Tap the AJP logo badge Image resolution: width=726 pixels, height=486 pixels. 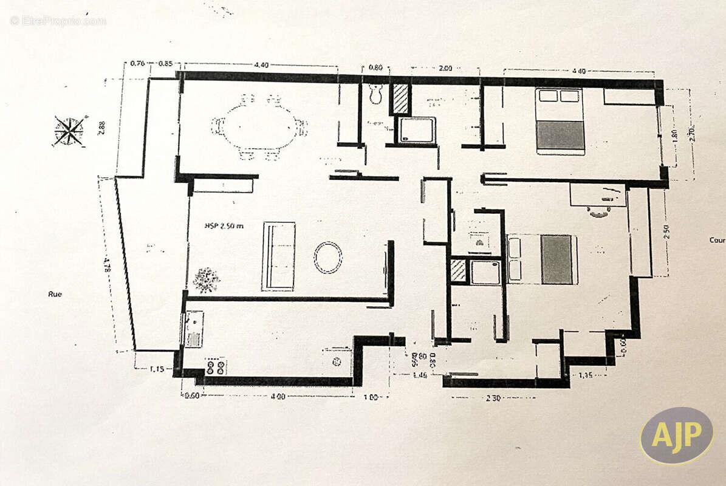pyautogui.click(x=676, y=435)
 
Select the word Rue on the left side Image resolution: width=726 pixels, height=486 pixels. pyautogui.click(x=55, y=294)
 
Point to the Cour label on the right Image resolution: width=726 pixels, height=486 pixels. pyautogui.click(x=717, y=240)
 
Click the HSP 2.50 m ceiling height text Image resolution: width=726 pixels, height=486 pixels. pyautogui.click(x=224, y=226)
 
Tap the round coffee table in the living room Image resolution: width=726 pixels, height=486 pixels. pyautogui.click(x=327, y=257)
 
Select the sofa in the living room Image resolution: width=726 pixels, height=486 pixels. pyautogui.click(x=278, y=256)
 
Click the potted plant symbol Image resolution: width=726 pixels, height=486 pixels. pyautogui.click(x=206, y=280)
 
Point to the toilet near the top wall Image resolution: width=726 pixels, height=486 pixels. pyautogui.click(x=375, y=94)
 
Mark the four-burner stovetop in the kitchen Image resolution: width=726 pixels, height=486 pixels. pyautogui.click(x=215, y=366)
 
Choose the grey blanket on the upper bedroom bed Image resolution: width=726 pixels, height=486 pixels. pyautogui.click(x=560, y=134)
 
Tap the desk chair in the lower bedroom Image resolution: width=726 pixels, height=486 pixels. pyautogui.click(x=600, y=211)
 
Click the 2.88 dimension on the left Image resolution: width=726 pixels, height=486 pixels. pyautogui.click(x=101, y=127)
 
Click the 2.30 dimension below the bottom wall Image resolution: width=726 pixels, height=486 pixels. pyautogui.click(x=493, y=398)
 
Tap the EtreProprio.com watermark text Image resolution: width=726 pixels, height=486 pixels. pyautogui.click(x=58, y=21)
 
